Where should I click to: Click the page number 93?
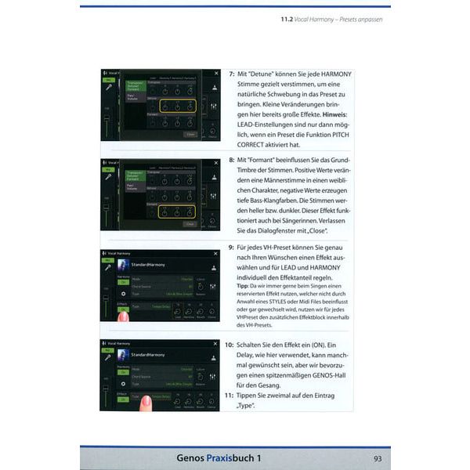coord(378,457)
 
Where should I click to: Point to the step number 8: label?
coord(232,159)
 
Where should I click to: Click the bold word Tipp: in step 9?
coord(243,286)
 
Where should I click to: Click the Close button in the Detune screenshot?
coord(190,134)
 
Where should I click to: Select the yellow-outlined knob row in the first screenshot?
coord(178,106)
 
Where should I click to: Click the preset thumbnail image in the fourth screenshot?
coord(121,355)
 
